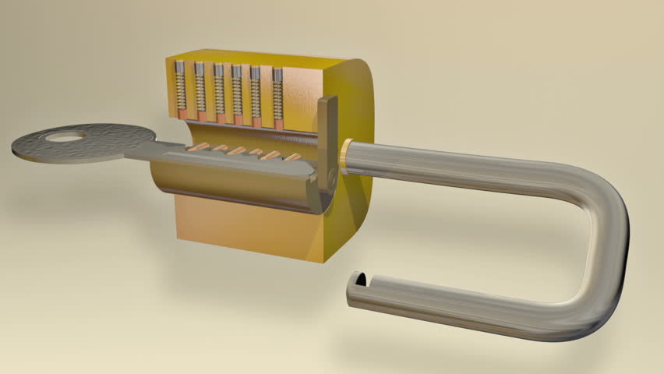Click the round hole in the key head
tap(65, 138)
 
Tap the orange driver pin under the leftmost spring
tap(182, 115)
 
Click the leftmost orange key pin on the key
tap(200, 146)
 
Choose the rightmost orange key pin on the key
tap(292, 157)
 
